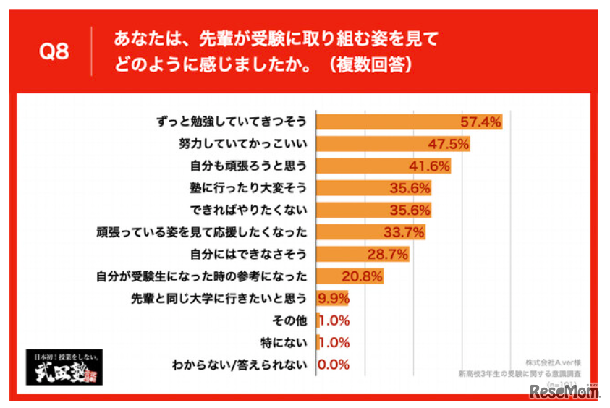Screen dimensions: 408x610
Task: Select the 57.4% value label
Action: pos(482,122)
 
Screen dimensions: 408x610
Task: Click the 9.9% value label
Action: pos(334,298)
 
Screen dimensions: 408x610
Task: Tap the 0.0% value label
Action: pos(334,365)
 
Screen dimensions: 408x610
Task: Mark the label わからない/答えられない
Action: pos(238,365)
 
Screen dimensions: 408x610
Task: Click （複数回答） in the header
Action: pos(370,64)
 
